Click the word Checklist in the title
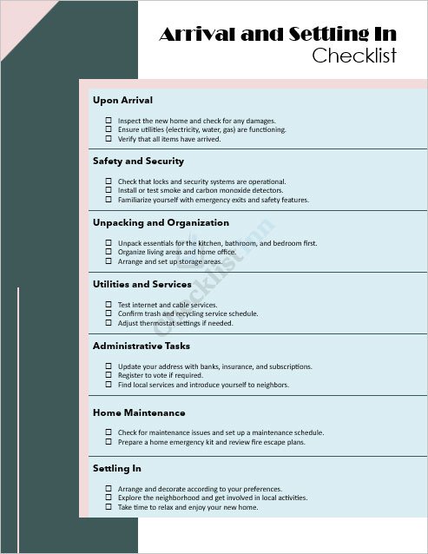click(354, 56)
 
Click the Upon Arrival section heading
click(122, 100)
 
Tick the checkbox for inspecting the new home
click(109, 121)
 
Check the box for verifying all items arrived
click(109, 138)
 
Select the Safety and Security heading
click(138, 161)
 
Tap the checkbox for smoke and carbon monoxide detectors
click(109, 190)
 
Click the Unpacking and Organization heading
click(161, 222)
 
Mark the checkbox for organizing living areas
click(109, 252)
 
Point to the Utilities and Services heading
click(142, 284)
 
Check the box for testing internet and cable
click(109, 305)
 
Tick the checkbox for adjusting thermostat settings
click(109, 322)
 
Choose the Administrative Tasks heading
click(141, 346)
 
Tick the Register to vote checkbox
click(109, 375)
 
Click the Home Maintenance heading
click(139, 412)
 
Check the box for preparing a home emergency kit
click(109, 441)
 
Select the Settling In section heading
click(116, 468)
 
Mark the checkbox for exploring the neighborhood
click(109, 498)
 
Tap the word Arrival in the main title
click(199, 35)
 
